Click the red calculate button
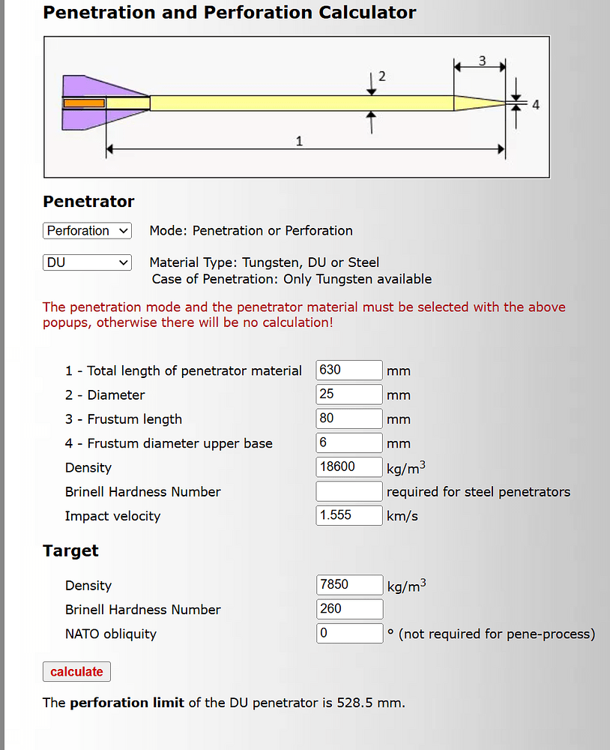pyautogui.click(x=76, y=671)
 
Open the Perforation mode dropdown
pyautogui.click(x=87, y=230)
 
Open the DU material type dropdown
pyautogui.click(x=87, y=262)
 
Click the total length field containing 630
pyautogui.click(x=349, y=370)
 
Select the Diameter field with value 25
pyautogui.click(x=349, y=394)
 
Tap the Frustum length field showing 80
pyautogui.click(x=349, y=418)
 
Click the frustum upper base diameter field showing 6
pyautogui.click(x=349, y=442)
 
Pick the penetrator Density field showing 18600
pyautogui.click(x=349, y=466)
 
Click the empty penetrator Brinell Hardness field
pyautogui.click(x=349, y=491)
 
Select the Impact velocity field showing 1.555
pyautogui.click(x=349, y=515)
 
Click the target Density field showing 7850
pyautogui.click(x=349, y=584)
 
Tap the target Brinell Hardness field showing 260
pyautogui.click(x=349, y=609)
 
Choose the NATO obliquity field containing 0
pyautogui.click(x=349, y=633)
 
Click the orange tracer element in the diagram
pyautogui.click(x=84, y=103)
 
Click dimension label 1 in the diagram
pyautogui.click(x=299, y=141)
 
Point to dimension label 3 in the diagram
pyautogui.click(x=483, y=61)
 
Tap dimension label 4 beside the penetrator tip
pyautogui.click(x=536, y=105)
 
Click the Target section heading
pyautogui.click(x=70, y=550)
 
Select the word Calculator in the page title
pyautogui.click(x=367, y=13)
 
